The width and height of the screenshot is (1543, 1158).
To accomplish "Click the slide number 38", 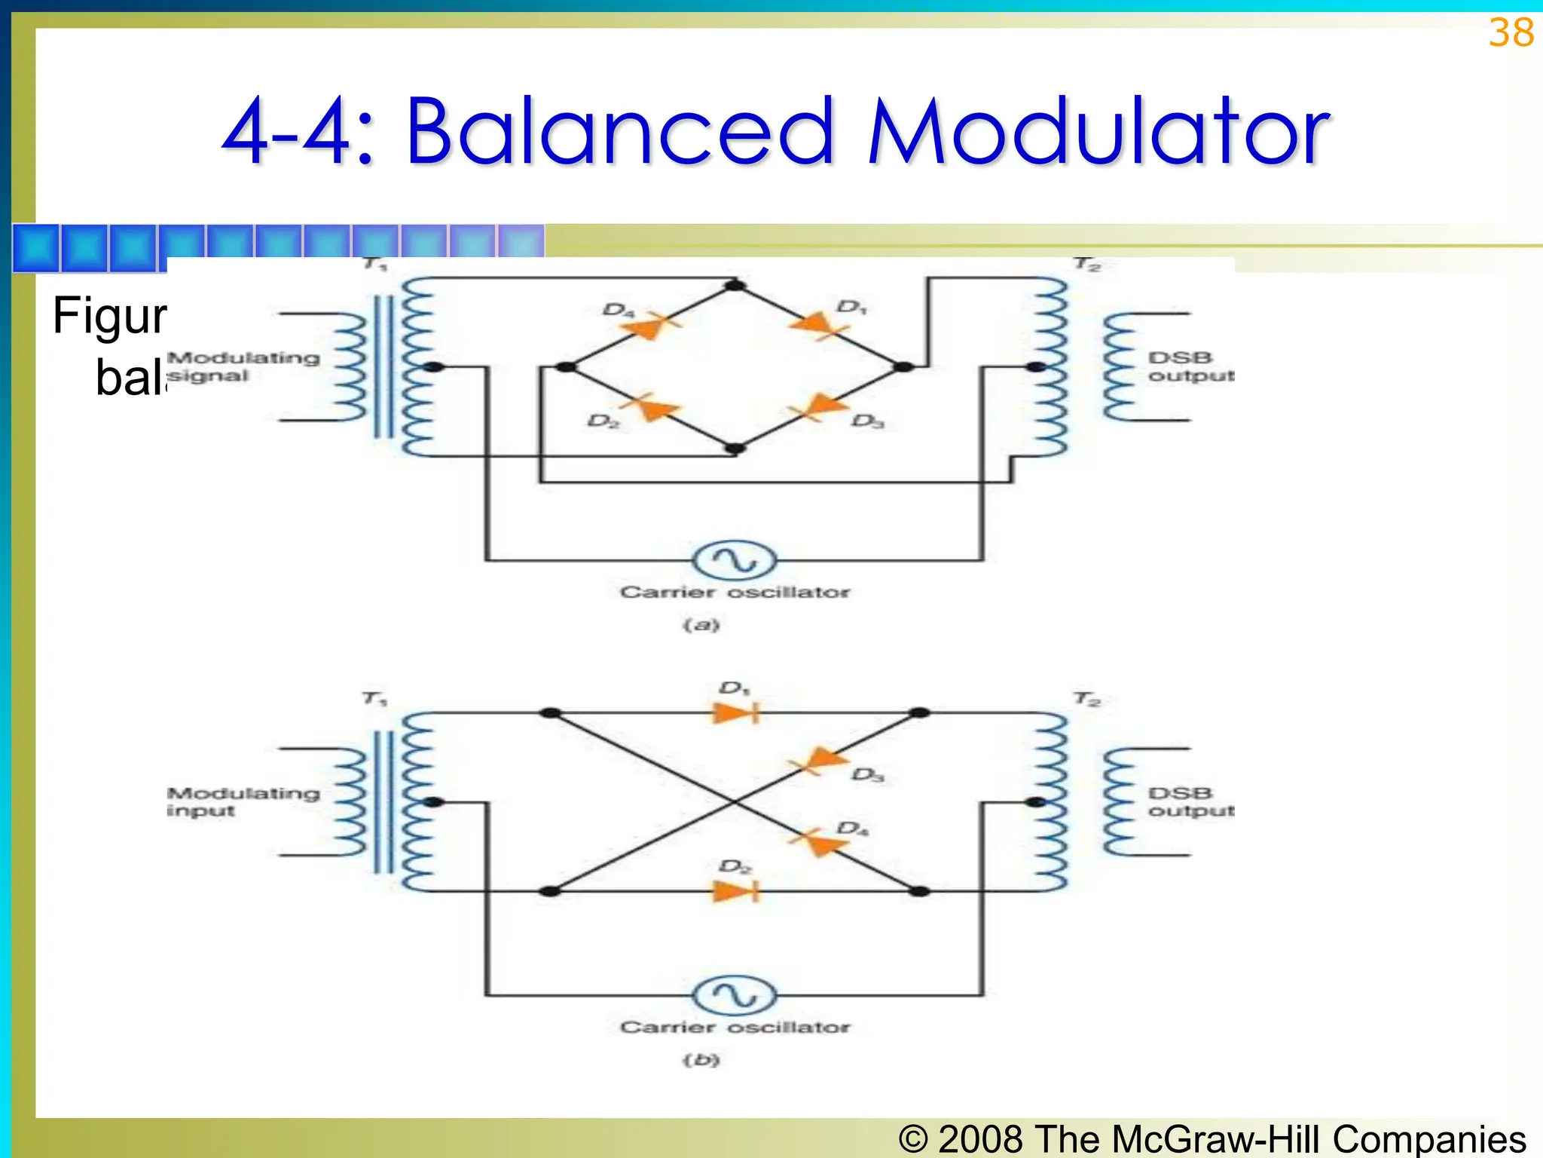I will (1511, 34).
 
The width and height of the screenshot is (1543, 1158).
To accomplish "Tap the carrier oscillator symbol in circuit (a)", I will (734, 561).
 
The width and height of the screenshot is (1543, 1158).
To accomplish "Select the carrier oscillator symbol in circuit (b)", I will (734, 996).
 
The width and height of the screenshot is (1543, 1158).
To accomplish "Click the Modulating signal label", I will (243, 366).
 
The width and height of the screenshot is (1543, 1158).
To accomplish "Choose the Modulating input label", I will (243, 801).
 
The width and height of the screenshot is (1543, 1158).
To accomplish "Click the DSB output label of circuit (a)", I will (1189, 366).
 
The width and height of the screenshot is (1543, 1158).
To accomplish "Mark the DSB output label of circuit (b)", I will (1189, 801).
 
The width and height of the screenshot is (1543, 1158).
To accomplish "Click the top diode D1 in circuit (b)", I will (735, 712).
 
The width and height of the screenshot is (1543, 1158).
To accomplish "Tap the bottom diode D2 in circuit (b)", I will (735, 891).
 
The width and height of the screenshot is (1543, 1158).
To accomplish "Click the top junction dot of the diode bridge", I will (735, 286).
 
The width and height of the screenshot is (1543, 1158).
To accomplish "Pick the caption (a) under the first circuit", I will (701, 625).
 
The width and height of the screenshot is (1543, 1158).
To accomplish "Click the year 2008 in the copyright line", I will (981, 1138).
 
